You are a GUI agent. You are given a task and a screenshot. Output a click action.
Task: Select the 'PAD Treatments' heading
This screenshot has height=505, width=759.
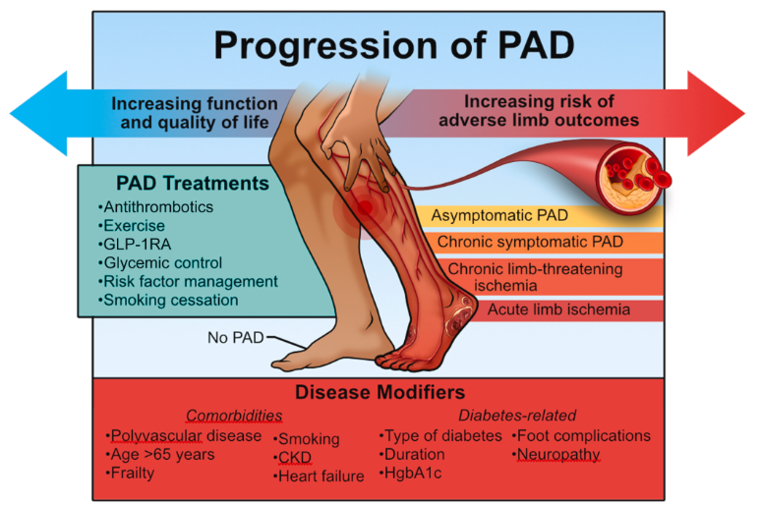[178, 183]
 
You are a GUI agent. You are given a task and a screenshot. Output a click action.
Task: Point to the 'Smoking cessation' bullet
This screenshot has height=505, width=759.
[166, 301]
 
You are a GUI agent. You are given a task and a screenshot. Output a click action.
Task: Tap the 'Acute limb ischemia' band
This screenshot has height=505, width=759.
[557, 309]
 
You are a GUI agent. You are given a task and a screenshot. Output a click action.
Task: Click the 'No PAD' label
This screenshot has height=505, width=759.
[232, 338]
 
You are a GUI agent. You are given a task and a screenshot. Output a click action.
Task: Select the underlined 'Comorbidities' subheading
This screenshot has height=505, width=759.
[228, 416]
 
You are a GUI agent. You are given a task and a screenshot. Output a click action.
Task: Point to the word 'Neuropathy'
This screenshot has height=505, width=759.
[558, 455]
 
